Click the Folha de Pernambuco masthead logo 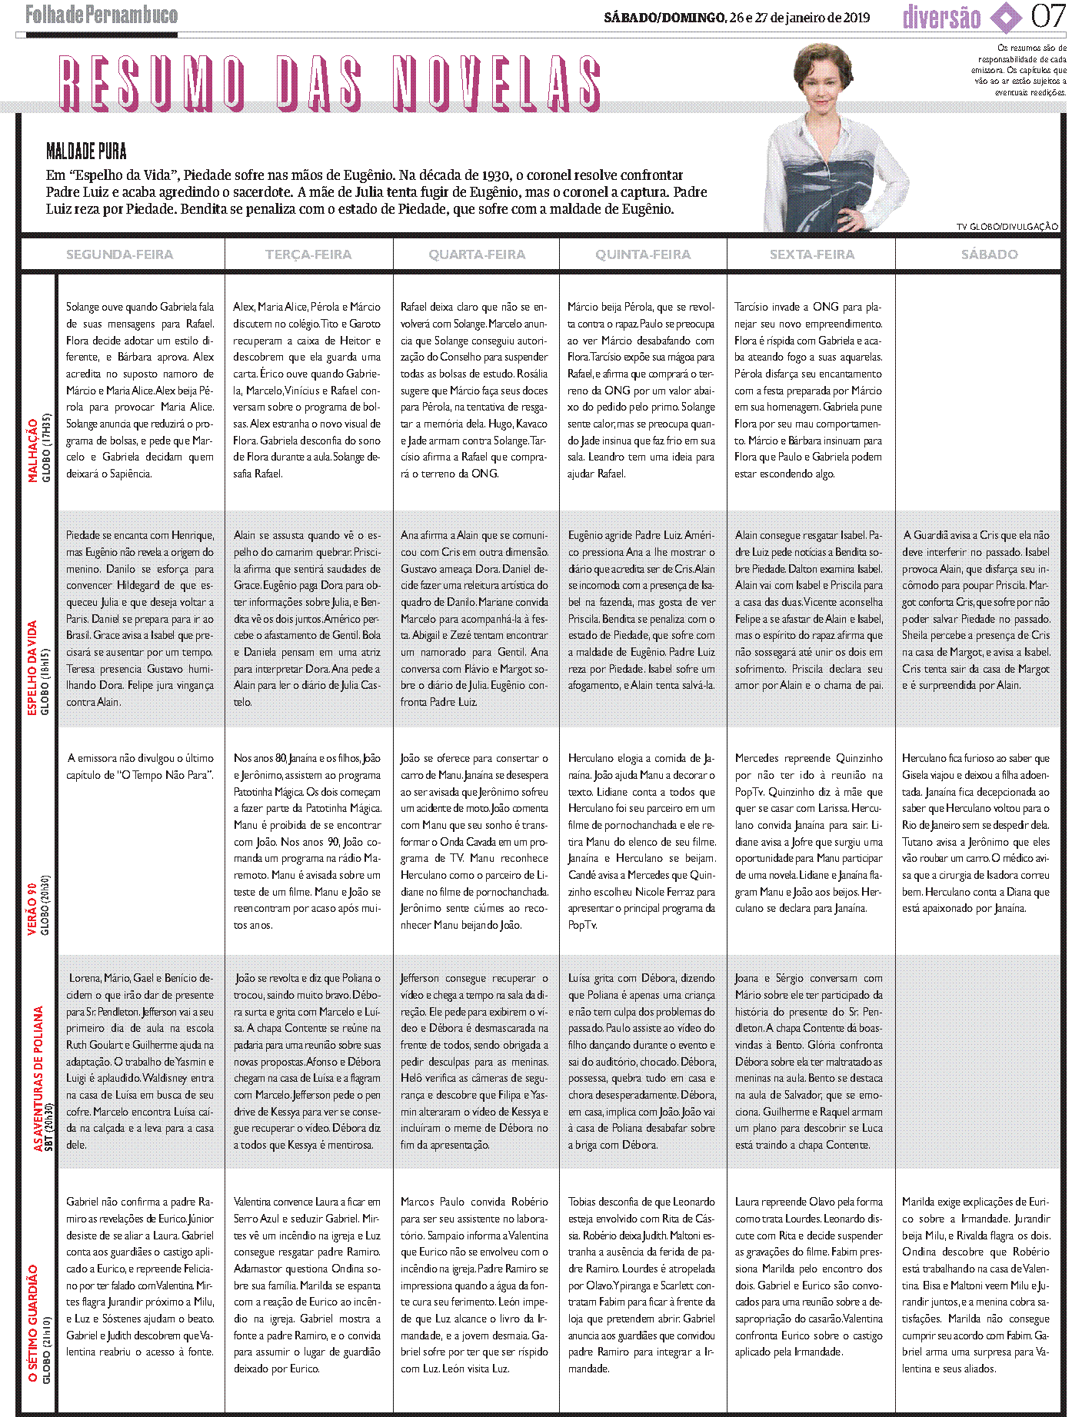point(102,15)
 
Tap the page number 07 point(1048,16)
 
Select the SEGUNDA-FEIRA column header point(119,254)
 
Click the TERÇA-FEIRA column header point(308,254)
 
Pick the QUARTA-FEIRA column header point(477,254)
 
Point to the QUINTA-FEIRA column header point(643,254)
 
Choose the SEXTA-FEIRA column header point(812,254)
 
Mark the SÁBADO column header point(989,254)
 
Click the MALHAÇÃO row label point(33,450)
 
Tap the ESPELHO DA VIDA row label point(33,667)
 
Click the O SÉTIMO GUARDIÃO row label point(33,1322)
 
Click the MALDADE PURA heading point(86,151)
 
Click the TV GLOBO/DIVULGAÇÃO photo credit point(1007,227)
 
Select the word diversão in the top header point(941,17)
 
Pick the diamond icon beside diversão point(1005,17)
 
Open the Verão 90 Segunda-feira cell point(140,767)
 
